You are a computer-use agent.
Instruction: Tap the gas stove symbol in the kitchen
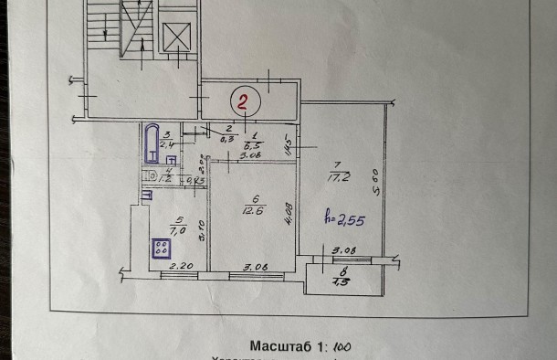point(163,249)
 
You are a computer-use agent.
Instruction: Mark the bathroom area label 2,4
point(166,143)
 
